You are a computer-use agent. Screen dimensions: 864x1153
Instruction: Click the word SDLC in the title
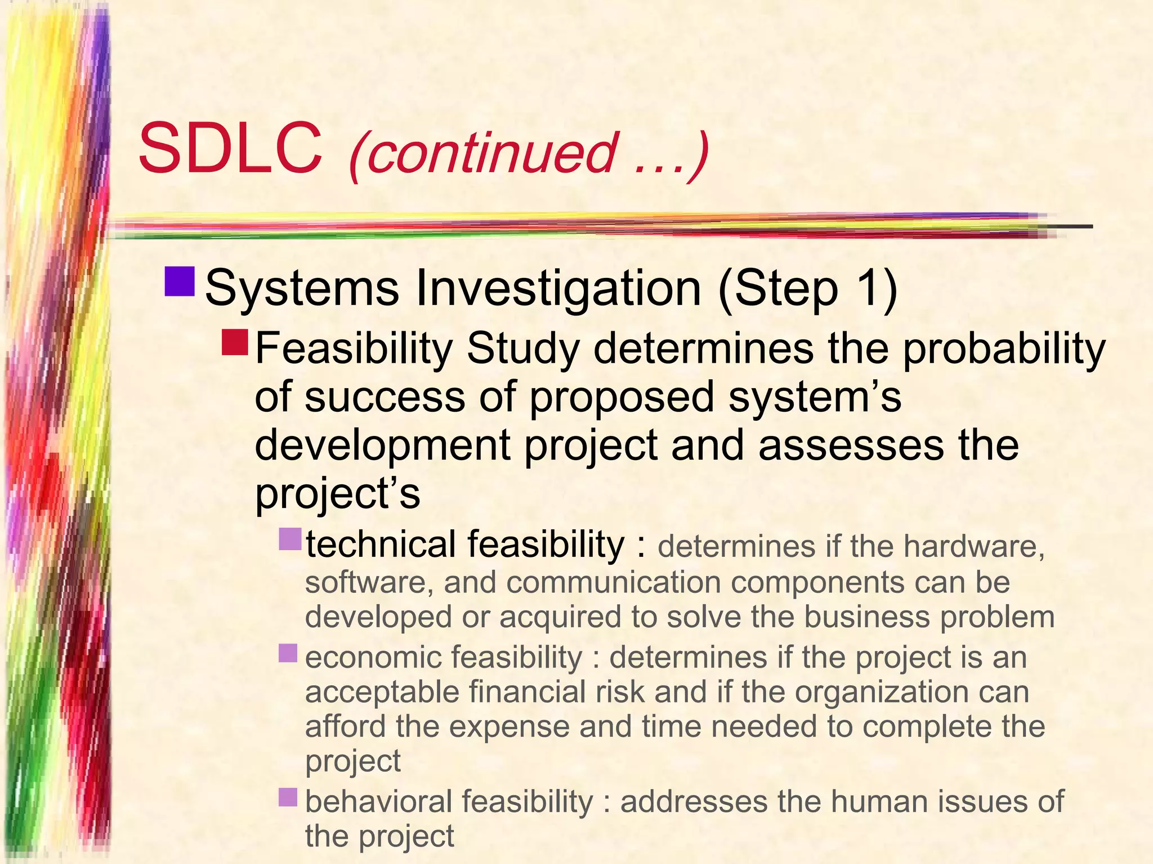(230, 149)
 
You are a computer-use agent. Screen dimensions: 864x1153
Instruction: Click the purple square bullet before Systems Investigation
(180, 281)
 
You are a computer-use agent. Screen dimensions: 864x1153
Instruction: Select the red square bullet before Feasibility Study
(234, 343)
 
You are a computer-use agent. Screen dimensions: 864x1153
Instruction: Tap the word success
(385, 397)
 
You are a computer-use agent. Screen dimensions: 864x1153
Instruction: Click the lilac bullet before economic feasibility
(288, 653)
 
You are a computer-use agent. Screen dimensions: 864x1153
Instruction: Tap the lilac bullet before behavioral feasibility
(288, 797)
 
